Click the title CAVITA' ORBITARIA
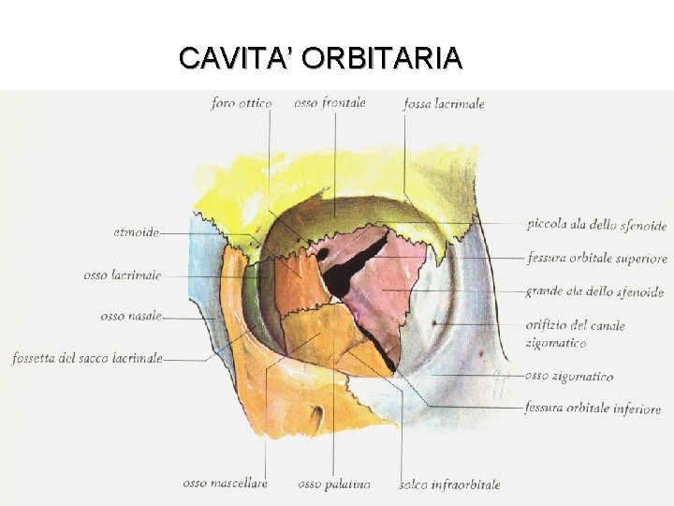tap(320, 58)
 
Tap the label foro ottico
tap(242, 103)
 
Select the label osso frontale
tap(330, 103)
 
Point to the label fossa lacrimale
tap(444, 104)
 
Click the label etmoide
tap(136, 231)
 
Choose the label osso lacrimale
tap(122, 275)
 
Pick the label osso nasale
tap(131, 316)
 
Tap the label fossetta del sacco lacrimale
tap(88, 358)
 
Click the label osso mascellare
tap(225, 484)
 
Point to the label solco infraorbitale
tap(449, 484)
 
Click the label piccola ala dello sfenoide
tap(596, 226)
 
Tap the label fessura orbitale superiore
tap(596, 258)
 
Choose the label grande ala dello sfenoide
tap(594, 292)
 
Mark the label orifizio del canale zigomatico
tap(576, 334)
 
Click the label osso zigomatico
tap(569, 377)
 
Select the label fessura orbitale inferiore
tap(593, 409)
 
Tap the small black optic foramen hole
tap(321, 253)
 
